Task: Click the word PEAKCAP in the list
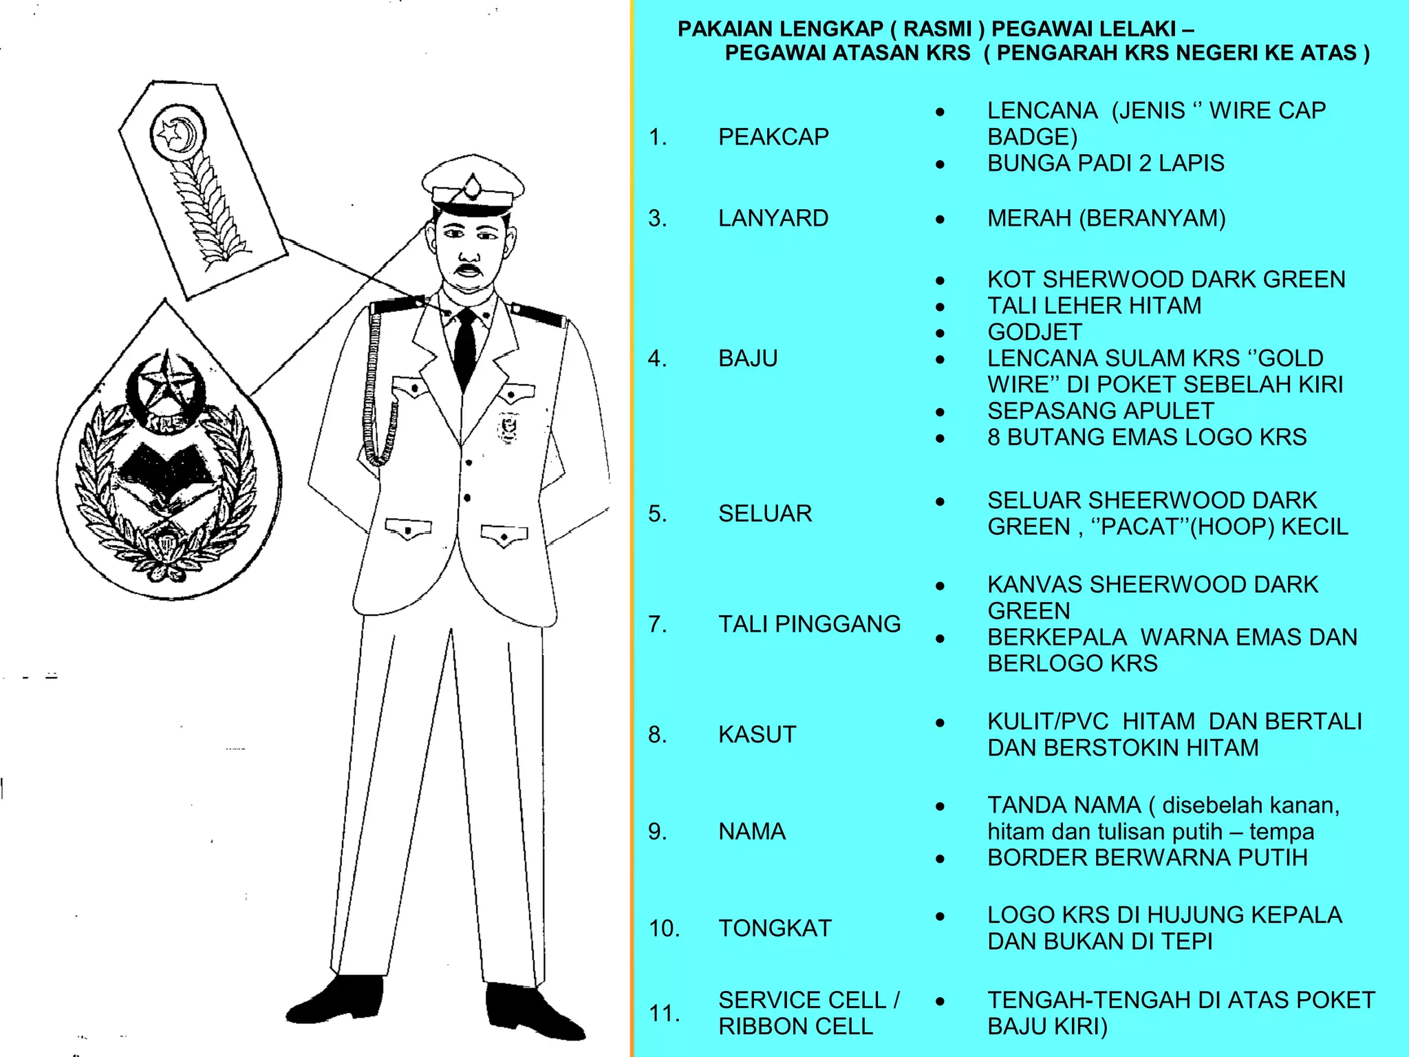click(773, 137)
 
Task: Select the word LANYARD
click(773, 218)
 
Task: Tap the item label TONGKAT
click(775, 928)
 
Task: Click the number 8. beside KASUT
click(658, 735)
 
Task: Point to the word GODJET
click(1035, 332)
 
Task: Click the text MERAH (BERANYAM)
click(1106, 218)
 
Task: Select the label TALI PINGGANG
click(809, 624)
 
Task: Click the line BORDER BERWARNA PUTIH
click(1147, 858)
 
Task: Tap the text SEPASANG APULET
click(1101, 411)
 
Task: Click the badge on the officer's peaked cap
click(473, 187)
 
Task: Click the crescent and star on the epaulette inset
click(178, 131)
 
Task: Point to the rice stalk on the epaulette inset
click(206, 206)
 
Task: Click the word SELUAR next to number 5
click(765, 513)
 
